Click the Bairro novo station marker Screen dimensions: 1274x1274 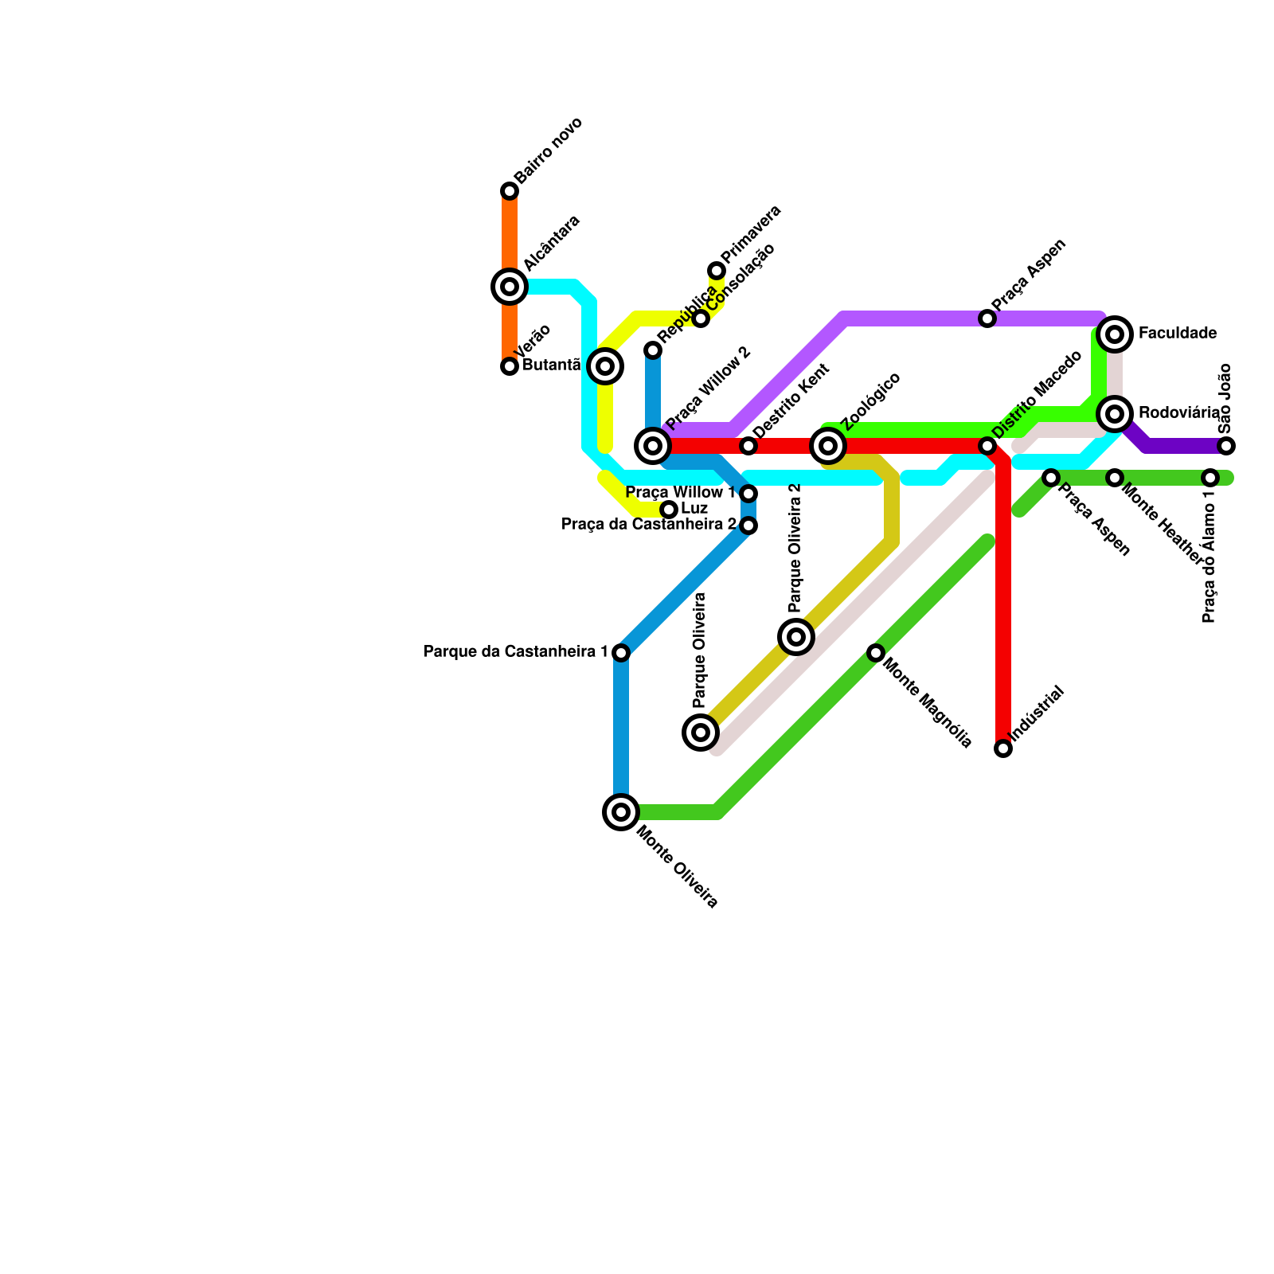pyautogui.click(x=510, y=191)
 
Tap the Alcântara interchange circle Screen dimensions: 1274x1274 pyautogui.click(x=510, y=287)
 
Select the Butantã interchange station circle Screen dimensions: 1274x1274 pyautogui.click(x=605, y=366)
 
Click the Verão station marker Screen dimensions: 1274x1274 pyautogui.click(x=510, y=366)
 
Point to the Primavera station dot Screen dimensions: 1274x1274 pyautogui.click(x=717, y=271)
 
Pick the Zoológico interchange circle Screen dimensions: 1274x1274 pyautogui.click(x=828, y=446)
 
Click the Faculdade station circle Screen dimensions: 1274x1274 pyautogui.click(x=1115, y=334)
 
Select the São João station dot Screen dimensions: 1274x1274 pyautogui.click(x=1226, y=446)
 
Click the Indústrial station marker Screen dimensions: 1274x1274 pyautogui.click(x=1003, y=748)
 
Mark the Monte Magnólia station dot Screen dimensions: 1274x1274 pyautogui.click(x=876, y=653)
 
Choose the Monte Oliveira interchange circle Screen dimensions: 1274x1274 pyautogui.click(x=621, y=812)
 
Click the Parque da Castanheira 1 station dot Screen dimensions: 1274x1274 pyautogui.click(x=621, y=653)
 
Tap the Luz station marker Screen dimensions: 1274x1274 pyautogui.click(x=669, y=510)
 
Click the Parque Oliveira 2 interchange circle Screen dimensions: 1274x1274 pyautogui.click(x=796, y=637)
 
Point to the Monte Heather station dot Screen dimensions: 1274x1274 pyautogui.click(x=1115, y=478)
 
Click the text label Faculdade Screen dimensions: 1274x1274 pyautogui.click(x=1177, y=334)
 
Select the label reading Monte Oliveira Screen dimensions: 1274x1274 pyautogui.click(x=678, y=867)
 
